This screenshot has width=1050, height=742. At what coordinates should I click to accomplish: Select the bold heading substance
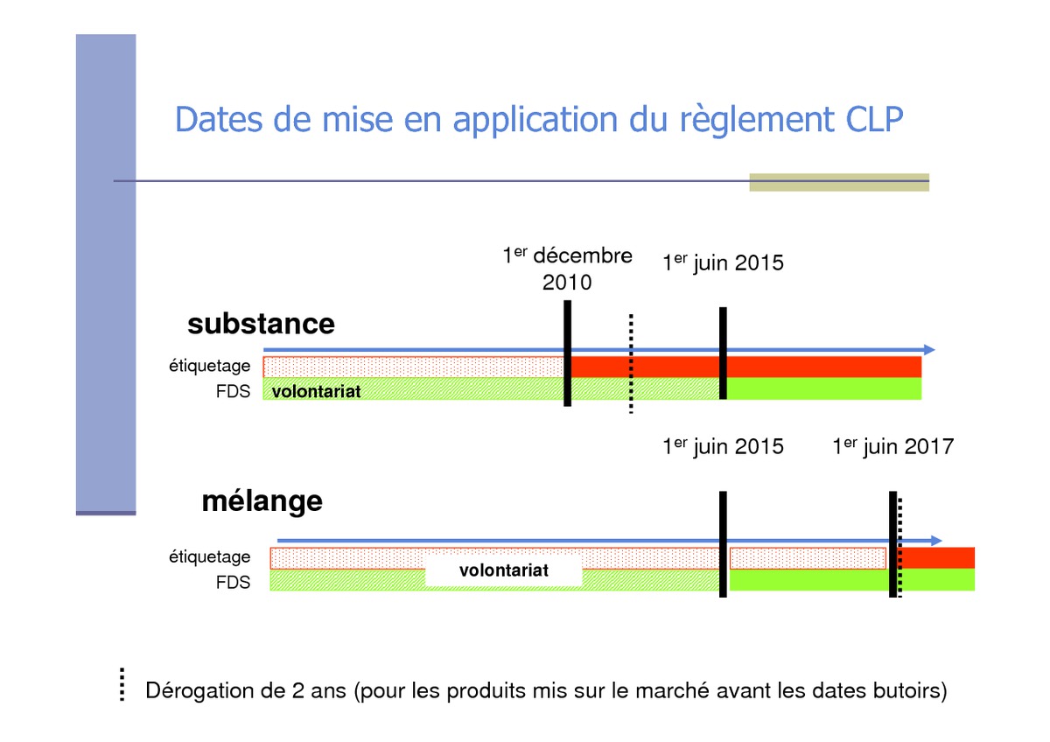(x=261, y=324)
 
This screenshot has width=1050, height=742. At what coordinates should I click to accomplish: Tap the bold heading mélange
(x=262, y=502)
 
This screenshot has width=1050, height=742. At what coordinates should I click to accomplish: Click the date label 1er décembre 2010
(x=567, y=269)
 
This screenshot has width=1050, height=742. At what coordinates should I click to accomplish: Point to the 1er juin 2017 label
(x=893, y=446)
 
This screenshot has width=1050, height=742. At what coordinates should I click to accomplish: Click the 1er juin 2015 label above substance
(x=723, y=262)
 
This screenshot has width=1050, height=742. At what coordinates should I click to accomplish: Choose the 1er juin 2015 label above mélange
(x=723, y=446)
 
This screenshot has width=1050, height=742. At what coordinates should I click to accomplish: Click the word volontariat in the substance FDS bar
(x=317, y=391)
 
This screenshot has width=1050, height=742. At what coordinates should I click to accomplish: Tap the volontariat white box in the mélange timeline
(x=504, y=570)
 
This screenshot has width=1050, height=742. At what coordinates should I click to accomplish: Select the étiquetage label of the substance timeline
(x=209, y=366)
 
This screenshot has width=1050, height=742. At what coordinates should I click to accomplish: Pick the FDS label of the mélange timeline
(x=233, y=583)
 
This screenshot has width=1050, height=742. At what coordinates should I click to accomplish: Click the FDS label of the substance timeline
(x=233, y=391)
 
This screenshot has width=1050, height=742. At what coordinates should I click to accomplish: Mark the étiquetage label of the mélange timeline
(x=209, y=557)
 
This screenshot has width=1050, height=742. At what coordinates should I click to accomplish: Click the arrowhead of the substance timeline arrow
(x=929, y=350)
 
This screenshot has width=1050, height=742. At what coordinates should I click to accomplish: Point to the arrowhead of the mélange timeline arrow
(x=936, y=541)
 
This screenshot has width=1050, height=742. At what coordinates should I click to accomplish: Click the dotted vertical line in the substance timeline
(x=631, y=364)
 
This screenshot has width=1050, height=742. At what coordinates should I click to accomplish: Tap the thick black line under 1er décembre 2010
(x=567, y=353)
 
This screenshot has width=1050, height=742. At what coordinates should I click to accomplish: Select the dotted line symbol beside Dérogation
(x=122, y=685)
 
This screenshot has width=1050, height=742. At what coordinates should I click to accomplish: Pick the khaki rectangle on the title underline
(x=839, y=182)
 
